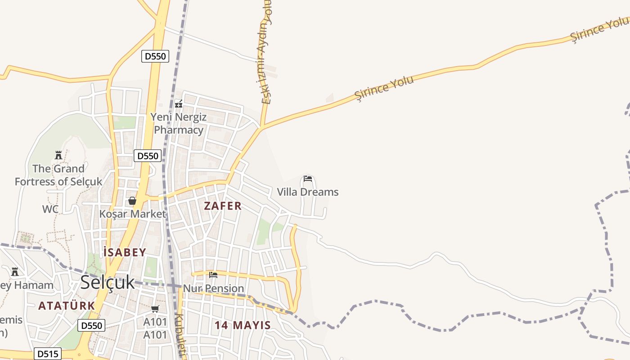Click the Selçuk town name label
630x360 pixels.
pyautogui.click(x=108, y=282)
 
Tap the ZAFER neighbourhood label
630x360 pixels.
pyautogui.click(x=223, y=206)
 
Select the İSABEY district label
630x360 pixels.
pyautogui.click(x=125, y=252)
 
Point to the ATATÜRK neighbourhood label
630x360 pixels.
pyautogui.click(x=67, y=306)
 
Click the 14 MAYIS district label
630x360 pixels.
pyautogui.click(x=243, y=325)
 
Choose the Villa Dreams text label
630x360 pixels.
pyautogui.click(x=307, y=192)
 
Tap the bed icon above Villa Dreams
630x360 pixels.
pyautogui.click(x=308, y=179)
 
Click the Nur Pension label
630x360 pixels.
pyautogui.click(x=213, y=288)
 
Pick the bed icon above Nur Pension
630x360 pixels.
pyautogui.click(x=213, y=274)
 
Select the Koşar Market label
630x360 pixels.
pyautogui.click(x=133, y=214)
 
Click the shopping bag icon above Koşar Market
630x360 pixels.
pyautogui.click(x=132, y=201)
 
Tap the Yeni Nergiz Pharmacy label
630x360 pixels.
pyautogui.click(x=179, y=124)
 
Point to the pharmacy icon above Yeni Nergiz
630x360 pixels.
pyautogui.click(x=179, y=104)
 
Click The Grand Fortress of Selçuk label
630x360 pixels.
pyautogui.click(x=58, y=175)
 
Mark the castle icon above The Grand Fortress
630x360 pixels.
pyautogui.click(x=58, y=155)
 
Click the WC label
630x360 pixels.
pyautogui.click(x=50, y=209)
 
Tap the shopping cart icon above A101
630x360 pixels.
pyautogui.click(x=155, y=309)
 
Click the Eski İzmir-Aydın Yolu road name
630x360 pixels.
pyautogui.click(x=266, y=54)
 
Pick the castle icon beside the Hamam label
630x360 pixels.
pyautogui.click(x=15, y=271)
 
